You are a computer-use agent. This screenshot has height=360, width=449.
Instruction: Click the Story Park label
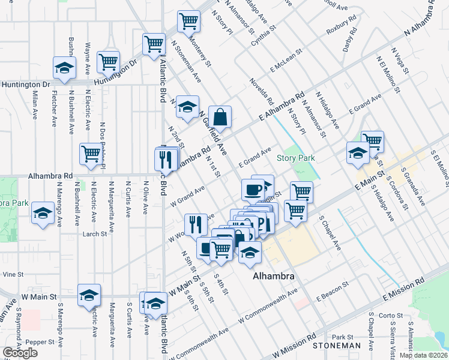pos(295,158)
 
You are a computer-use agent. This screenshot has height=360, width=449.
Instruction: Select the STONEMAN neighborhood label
pos(336,346)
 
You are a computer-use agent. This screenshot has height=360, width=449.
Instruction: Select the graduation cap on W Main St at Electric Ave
pos(89,295)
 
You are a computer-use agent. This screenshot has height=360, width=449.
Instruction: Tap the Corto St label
pos(391,315)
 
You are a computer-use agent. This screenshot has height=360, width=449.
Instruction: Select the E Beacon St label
pos(333,290)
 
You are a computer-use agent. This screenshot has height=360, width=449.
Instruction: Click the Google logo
pos(20,353)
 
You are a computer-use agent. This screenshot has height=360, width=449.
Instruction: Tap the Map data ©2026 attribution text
pos(423,355)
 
